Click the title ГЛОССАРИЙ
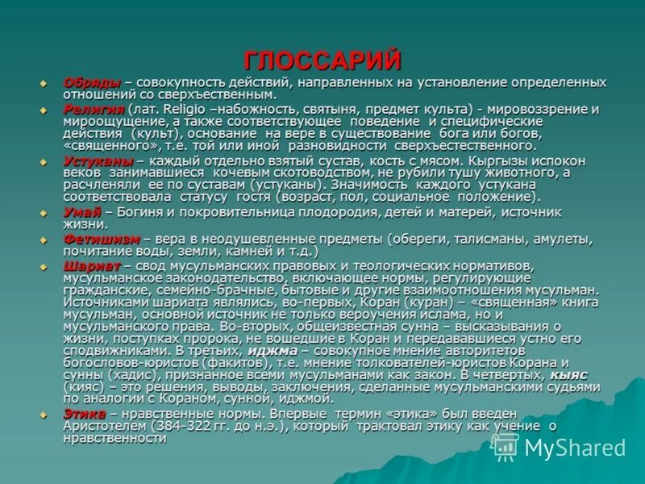pos(322,60)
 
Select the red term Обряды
pos(92,83)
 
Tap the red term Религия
pos(94,109)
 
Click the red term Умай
pos(81,212)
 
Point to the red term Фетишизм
pos(101,240)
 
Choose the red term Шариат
pos(91,265)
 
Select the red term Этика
pos(84,413)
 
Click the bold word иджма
pos(271,351)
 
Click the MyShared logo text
pos(574,449)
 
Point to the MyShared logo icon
pos(506,446)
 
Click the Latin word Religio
pos(183,109)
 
